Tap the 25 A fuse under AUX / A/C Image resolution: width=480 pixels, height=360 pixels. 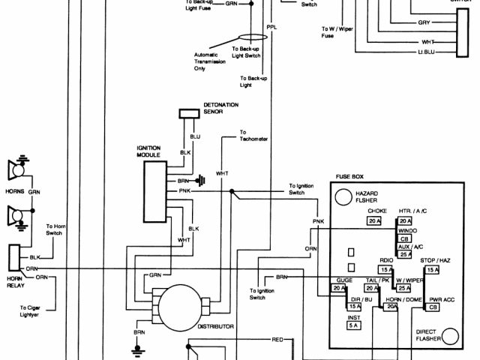406,255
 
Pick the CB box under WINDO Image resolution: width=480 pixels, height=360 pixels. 405,238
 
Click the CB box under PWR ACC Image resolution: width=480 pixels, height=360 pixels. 433,307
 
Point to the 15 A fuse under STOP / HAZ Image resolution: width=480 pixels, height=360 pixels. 433,269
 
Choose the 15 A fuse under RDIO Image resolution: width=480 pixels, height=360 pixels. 386,270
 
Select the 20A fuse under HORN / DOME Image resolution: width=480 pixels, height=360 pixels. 391,307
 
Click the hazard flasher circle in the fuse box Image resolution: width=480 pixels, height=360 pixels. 343,196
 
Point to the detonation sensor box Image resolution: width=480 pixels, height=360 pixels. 187,114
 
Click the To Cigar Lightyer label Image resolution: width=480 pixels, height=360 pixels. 34,311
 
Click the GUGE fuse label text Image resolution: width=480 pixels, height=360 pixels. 334,279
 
